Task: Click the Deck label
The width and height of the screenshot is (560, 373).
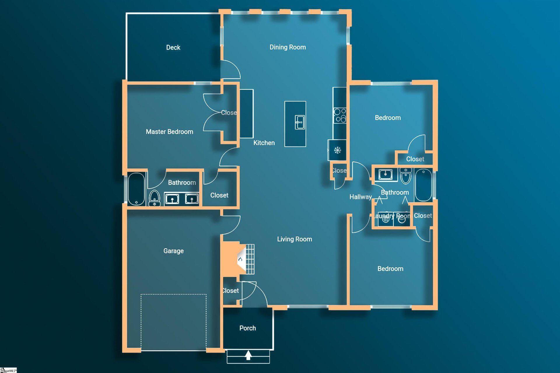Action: [173, 48]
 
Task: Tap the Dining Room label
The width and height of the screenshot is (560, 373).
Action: [287, 47]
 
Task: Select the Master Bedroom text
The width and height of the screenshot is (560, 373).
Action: [169, 132]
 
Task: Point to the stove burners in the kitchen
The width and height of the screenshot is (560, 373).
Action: [340, 115]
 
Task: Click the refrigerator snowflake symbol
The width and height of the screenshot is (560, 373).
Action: [337, 150]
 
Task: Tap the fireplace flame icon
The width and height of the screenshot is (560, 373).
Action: [240, 259]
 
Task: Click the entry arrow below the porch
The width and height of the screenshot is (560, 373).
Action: [248, 355]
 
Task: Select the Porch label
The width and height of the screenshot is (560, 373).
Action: [247, 328]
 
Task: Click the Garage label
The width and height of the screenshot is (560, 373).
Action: [173, 251]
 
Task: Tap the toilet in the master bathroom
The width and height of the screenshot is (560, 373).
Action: [154, 197]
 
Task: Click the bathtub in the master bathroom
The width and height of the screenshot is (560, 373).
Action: [136, 189]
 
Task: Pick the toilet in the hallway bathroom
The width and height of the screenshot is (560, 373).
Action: [405, 176]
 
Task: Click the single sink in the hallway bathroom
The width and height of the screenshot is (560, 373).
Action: [386, 174]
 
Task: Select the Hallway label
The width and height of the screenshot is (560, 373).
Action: [360, 197]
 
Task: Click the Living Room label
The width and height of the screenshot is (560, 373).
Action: [294, 239]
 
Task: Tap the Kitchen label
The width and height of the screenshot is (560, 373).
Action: [264, 143]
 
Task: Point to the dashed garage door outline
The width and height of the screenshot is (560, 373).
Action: [174, 295]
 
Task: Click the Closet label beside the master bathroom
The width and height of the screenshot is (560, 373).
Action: [219, 195]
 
